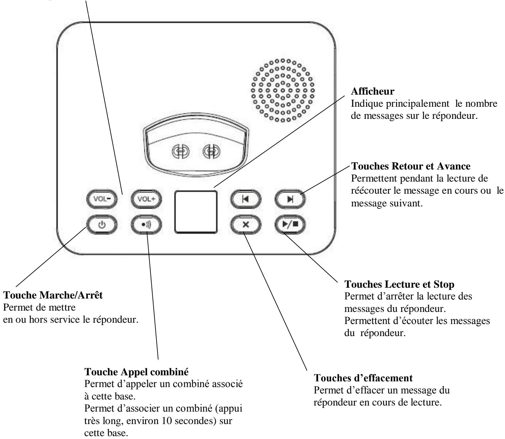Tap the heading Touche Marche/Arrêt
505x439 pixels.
coord(53,295)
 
